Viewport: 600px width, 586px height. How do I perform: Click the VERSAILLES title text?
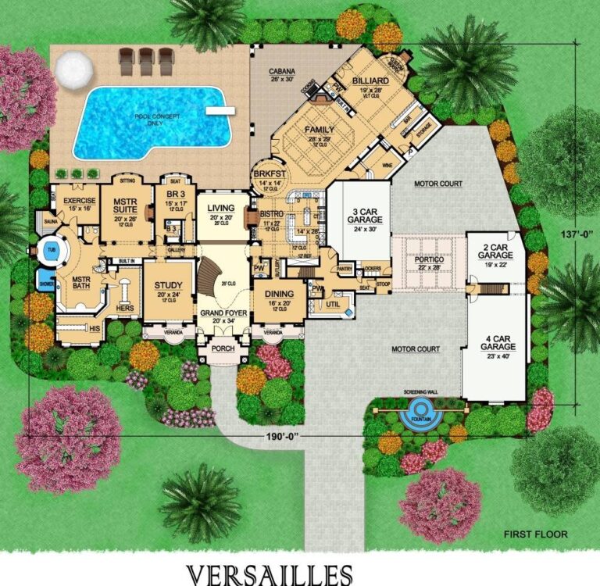[270, 575]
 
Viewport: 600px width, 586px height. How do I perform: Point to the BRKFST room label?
[267, 177]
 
